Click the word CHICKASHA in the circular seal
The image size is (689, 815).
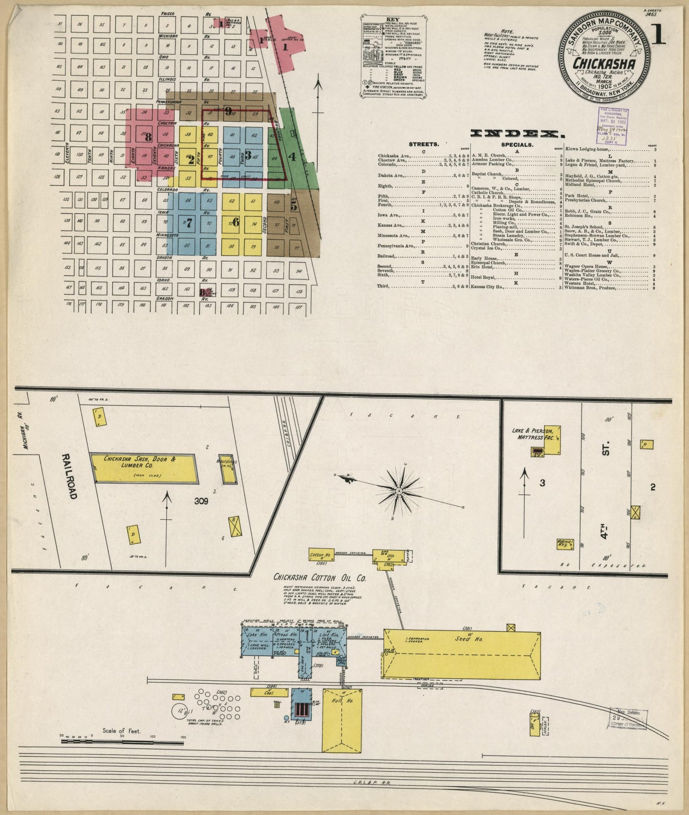click(604, 63)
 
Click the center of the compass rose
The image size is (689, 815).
click(399, 491)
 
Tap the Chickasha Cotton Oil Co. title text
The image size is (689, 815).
click(319, 578)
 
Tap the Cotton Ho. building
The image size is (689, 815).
click(320, 555)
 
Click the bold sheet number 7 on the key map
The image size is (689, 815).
click(189, 222)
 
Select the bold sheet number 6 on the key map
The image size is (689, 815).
click(235, 222)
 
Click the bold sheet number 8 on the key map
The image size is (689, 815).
click(148, 137)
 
